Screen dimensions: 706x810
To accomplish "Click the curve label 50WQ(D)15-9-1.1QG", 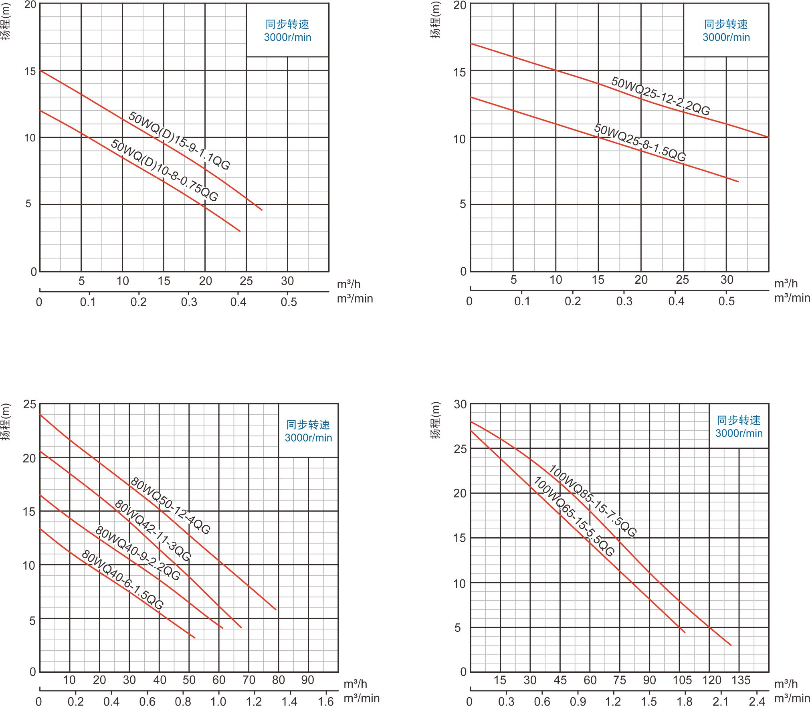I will (179, 141).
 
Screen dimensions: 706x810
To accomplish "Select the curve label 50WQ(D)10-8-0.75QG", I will (164, 170).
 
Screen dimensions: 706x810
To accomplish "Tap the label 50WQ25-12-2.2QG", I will (660, 96).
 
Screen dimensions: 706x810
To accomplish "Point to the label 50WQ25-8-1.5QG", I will (640, 142).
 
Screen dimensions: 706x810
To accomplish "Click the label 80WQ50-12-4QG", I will (170, 506).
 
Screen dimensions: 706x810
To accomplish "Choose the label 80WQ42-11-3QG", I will (153, 530).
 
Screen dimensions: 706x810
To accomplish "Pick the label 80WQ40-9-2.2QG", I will (138, 553).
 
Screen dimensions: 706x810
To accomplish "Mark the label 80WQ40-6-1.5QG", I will (122, 579).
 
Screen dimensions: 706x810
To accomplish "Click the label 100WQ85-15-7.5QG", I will (592, 500).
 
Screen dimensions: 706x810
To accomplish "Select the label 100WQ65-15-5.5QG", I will (574, 516).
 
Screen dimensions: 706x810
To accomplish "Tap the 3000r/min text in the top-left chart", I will (287, 37).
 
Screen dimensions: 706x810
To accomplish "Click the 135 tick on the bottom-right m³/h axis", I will (741, 680).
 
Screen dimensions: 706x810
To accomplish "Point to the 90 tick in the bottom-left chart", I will (307, 680).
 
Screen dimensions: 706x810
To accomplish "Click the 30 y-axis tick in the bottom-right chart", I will (460, 404).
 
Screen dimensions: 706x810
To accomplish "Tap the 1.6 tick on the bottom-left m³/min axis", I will (325, 701).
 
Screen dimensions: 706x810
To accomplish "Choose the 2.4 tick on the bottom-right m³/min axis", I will (757, 701).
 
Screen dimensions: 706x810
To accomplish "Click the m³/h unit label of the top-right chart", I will (786, 284).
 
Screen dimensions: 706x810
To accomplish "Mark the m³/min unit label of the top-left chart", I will (355, 299).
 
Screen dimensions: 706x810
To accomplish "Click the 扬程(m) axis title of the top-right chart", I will (436, 20).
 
